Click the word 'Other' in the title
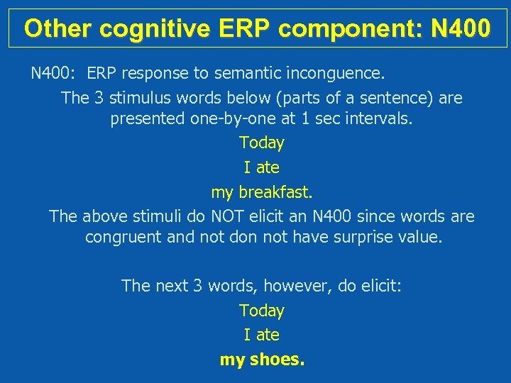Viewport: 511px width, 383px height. [58, 28]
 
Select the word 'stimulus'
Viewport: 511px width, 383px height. [136, 98]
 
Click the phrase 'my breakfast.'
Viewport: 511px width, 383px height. [262, 192]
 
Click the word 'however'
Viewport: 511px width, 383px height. [298, 286]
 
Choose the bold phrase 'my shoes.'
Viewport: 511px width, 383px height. [262, 360]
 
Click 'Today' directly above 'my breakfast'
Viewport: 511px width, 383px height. [262, 143]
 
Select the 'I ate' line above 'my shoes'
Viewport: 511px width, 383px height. [262, 335]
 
